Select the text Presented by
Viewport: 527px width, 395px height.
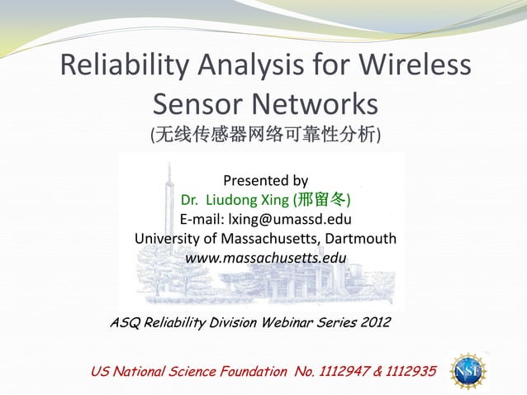pyautogui.click(x=265, y=180)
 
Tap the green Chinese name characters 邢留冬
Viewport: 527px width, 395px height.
pyautogui.click(x=320, y=200)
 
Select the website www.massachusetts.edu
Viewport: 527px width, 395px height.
pyautogui.click(x=265, y=259)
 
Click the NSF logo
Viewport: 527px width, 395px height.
pyautogui.click(x=468, y=371)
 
